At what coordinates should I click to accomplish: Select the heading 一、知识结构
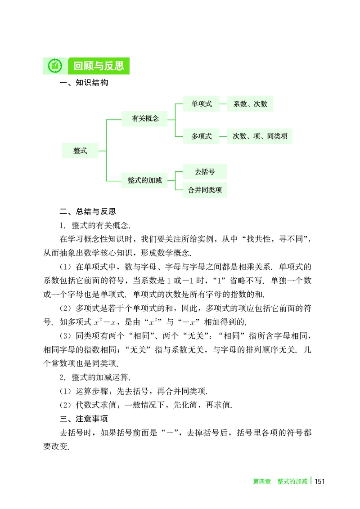84,83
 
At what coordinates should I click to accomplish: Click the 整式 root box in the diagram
80,151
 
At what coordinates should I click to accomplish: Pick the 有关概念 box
145,119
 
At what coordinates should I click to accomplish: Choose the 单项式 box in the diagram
202,104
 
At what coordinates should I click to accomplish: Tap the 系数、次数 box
250,104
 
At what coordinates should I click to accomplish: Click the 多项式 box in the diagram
202,136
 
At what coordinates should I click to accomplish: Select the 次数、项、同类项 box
260,136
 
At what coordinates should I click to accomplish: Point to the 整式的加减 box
145,180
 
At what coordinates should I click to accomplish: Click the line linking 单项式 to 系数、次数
223,104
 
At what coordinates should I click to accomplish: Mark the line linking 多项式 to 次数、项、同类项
223,136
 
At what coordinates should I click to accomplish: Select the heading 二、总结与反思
88,211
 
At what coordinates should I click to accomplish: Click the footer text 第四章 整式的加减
279,482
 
